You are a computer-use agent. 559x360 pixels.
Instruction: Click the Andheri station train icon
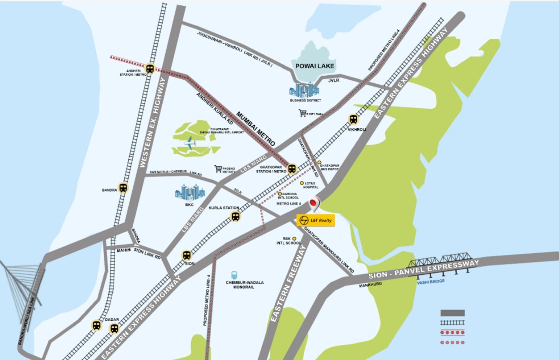click(x=150, y=69)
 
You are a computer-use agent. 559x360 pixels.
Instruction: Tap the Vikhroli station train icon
click(x=353, y=119)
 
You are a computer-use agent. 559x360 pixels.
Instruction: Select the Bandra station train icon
click(x=123, y=188)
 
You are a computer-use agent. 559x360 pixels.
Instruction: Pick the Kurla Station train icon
click(x=235, y=217)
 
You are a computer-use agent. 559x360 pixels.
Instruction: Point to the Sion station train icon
click(x=187, y=255)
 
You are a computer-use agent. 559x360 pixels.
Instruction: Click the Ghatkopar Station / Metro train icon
click(x=292, y=169)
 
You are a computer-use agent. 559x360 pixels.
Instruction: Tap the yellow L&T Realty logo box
click(x=315, y=220)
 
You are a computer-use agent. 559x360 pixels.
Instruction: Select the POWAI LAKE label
click(x=315, y=66)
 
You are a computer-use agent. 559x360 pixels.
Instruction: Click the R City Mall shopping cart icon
click(x=303, y=113)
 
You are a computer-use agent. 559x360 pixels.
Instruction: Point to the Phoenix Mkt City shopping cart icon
click(x=218, y=168)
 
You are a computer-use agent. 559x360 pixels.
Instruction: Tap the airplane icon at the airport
click(x=191, y=143)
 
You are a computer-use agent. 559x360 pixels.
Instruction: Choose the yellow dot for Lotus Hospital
click(x=302, y=183)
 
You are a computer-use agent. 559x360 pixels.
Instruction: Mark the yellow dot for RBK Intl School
click(x=294, y=239)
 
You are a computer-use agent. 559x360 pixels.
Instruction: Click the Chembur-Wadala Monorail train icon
click(x=234, y=275)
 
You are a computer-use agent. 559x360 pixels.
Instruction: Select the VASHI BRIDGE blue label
click(x=431, y=281)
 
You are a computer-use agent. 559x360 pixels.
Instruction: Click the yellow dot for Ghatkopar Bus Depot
click(x=319, y=163)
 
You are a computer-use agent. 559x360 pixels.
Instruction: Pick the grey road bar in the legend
click(x=453, y=313)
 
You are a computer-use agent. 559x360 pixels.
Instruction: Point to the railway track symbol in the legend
click(x=453, y=323)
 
